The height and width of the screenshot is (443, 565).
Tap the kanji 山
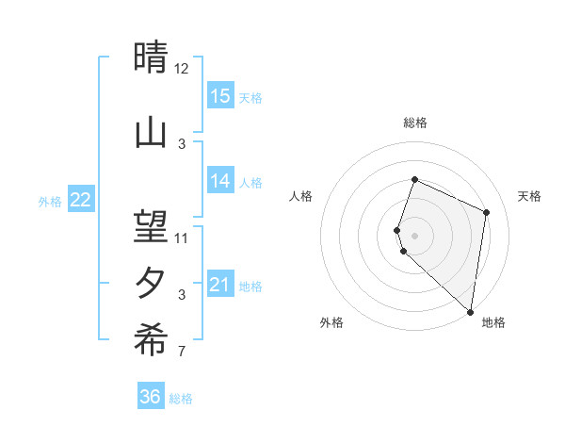(151, 132)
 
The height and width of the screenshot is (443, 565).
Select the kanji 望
(151, 226)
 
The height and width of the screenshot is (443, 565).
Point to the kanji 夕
(151, 284)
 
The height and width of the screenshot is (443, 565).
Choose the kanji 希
(151, 342)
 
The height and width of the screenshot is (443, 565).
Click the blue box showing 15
(220, 96)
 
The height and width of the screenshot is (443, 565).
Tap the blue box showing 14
(220, 182)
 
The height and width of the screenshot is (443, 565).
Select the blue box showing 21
(220, 285)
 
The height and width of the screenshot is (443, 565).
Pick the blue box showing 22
(81, 200)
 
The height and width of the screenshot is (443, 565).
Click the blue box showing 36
(151, 397)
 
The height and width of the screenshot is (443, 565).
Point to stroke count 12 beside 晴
(182, 69)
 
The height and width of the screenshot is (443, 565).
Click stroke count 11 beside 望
(182, 238)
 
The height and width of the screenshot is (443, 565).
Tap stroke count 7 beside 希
(182, 353)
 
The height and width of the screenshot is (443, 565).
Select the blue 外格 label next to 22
(50, 201)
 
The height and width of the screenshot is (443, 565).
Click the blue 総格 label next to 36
(181, 399)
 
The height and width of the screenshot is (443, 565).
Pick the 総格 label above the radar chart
(415, 123)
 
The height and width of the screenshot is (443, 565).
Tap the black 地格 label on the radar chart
(493, 322)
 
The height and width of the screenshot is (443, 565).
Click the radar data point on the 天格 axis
(487, 212)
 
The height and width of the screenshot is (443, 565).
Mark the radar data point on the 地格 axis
(471, 312)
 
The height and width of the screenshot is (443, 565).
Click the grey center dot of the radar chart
(415, 234)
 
